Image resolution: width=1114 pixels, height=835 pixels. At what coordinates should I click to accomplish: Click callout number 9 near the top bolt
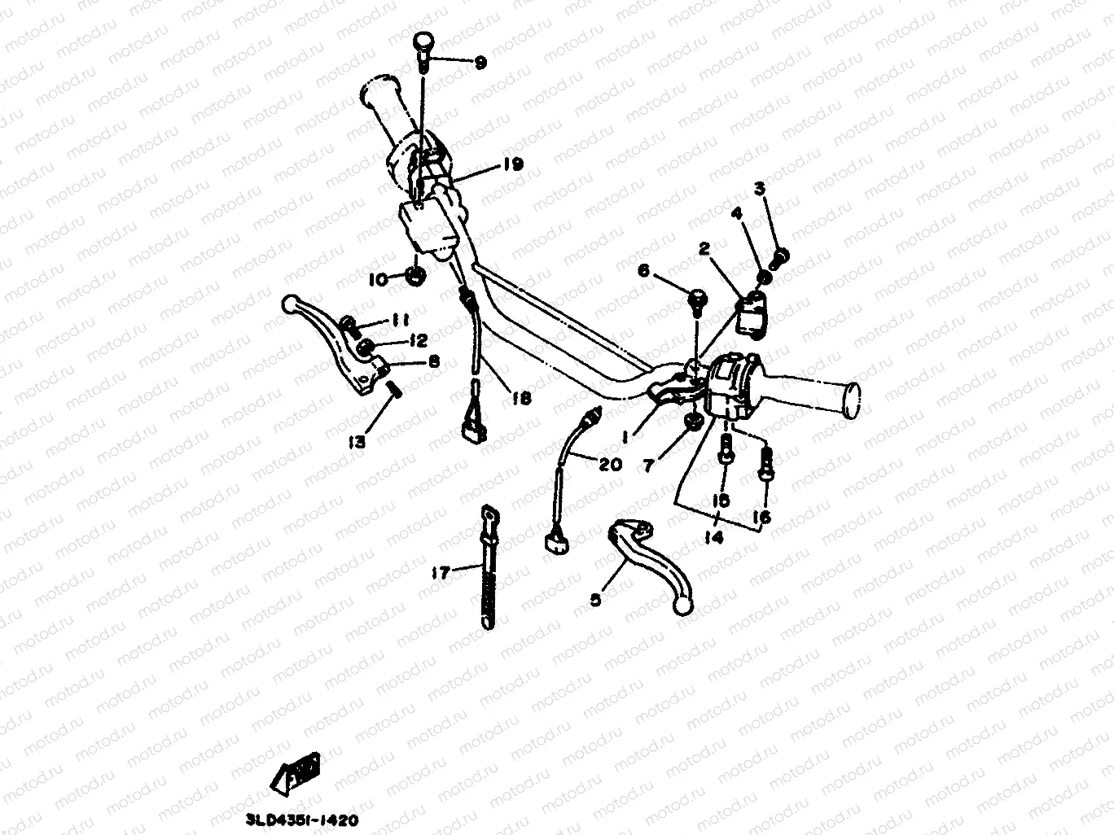point(480,62)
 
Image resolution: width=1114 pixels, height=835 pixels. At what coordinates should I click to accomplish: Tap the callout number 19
point(512,164)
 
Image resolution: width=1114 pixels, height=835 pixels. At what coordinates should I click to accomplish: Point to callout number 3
point(759,190)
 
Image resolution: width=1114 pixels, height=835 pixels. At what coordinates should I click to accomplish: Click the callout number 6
point(643,271)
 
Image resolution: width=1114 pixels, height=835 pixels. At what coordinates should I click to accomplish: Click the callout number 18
point(521,399)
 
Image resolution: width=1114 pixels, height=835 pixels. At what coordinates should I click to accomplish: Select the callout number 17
point(441,574)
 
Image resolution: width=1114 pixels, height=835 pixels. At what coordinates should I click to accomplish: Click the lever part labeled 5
point(651,562)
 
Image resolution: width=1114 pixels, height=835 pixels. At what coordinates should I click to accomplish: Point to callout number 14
point(717,538)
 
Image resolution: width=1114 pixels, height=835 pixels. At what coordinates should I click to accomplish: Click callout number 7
point(650,465)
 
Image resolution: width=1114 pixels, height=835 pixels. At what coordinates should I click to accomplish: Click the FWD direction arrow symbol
point(300,770)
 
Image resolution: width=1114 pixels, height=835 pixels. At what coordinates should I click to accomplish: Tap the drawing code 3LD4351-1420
point(303,821)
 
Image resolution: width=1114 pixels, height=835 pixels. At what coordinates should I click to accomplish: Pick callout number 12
point(419,339)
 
